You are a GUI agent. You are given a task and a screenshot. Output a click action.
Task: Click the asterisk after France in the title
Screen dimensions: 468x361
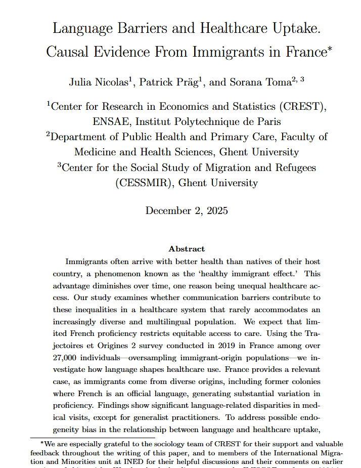point(329,49)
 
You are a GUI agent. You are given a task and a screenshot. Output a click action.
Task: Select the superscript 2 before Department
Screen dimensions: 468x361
point(49,134)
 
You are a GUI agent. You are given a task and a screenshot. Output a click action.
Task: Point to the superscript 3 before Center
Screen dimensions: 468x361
point(59,164)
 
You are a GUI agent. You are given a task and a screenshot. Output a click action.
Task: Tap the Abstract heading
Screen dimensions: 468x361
point(187,249)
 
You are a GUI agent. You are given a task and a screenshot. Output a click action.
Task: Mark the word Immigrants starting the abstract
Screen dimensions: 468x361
point(86,262)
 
